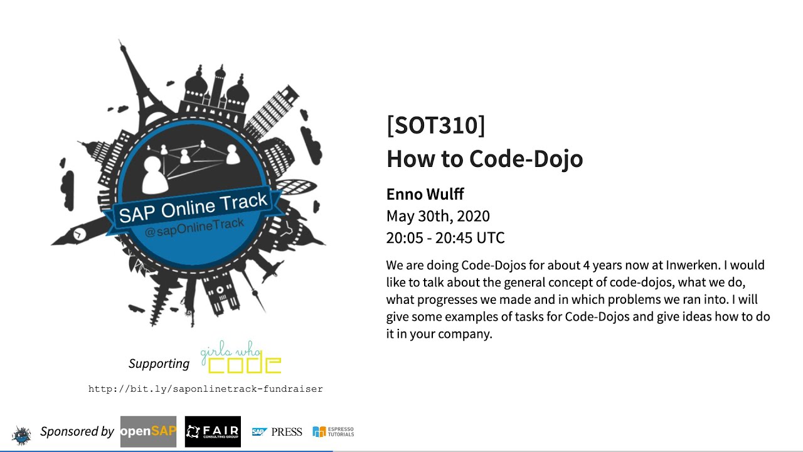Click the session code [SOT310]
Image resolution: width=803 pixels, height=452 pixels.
tap(435, 126)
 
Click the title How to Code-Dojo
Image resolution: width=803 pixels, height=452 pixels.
tap(484, 159)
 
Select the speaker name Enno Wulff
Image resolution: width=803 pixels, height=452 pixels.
tap(425, 194)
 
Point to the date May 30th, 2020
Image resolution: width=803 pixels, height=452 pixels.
tap(438, 216)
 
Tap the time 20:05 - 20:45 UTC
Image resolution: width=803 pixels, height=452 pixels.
tap(445, 238)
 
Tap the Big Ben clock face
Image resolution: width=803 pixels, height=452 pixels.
tap(80, 234)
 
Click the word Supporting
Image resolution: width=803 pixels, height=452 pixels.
tap(159, 363)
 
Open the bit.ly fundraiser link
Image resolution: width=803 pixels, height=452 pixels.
tap(206, 389)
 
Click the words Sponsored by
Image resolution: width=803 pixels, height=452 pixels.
tap(77, 431)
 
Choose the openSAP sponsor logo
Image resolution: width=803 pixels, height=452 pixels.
tap(148, 431)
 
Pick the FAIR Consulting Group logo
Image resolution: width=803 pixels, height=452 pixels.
tap(213, 431)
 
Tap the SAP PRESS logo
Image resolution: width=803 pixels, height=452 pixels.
tap(277, 431)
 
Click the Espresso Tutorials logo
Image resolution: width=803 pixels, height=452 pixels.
tap(333, 431)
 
